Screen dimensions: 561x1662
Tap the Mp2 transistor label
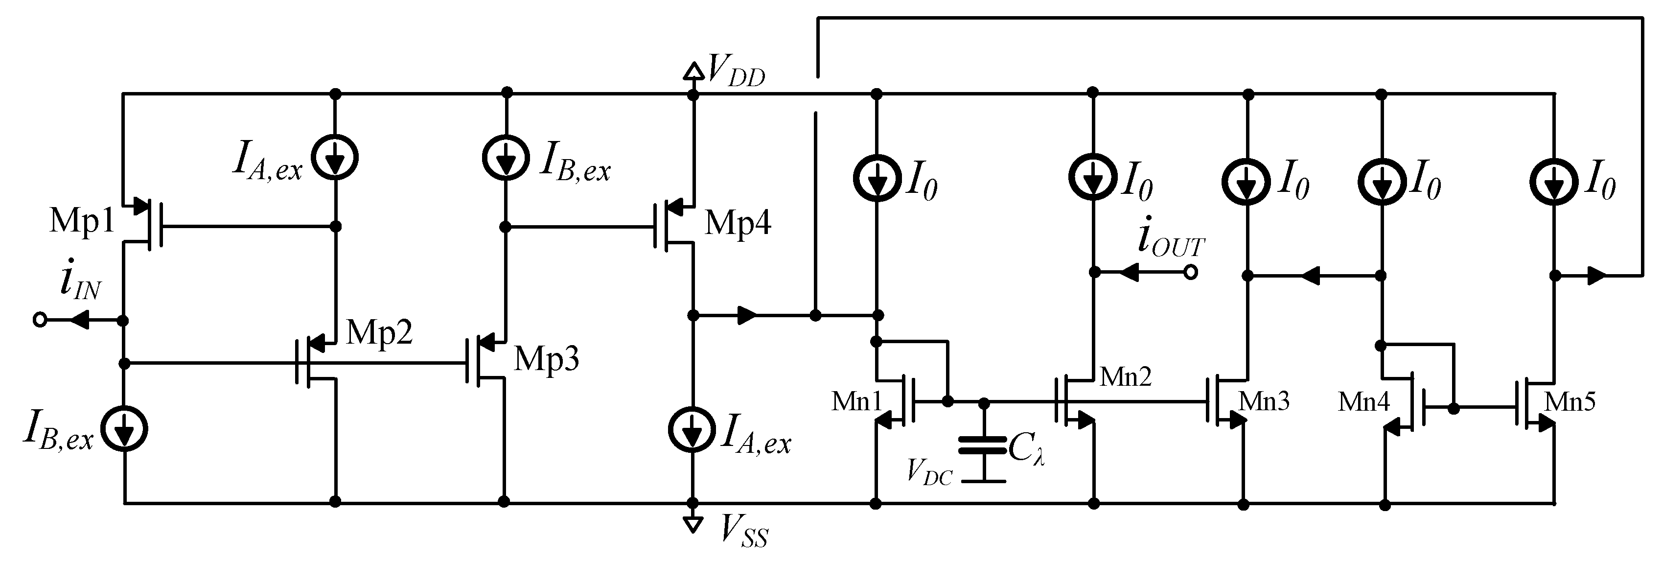click(379, 333)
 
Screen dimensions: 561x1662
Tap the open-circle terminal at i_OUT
click(1191, 273)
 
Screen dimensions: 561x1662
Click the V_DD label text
click(736, 71)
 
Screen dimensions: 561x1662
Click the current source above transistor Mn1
click(876, 181)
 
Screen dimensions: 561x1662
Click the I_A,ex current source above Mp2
click(334, 157)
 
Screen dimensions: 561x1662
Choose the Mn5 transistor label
click(1570, 401)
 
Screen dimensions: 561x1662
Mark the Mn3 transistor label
click(1263, 401)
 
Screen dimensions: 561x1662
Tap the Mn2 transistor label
click(1125, 376)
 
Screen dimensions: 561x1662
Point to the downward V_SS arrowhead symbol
click(693, 524)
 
